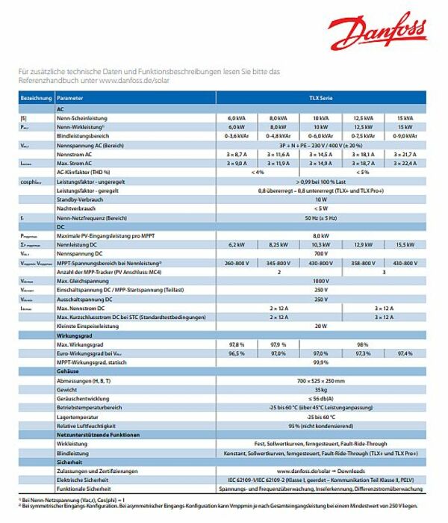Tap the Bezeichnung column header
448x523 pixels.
click(x=36, y=98)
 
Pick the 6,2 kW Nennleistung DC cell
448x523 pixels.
click(x=236, y=244)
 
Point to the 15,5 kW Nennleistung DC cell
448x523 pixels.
click(x=405, y=244)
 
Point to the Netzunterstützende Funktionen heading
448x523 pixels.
click(x=98, y=434)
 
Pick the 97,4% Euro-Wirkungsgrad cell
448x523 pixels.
click(x=405, y=353)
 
